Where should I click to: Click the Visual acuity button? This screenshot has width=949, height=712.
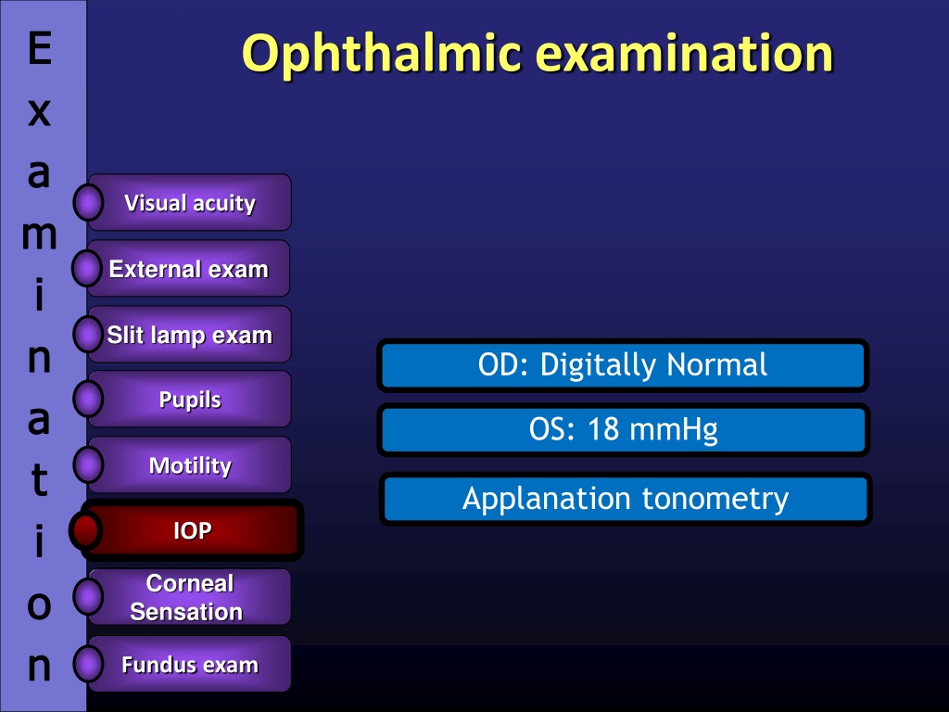click(x=190, y=202)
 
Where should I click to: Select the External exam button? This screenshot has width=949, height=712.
click(x=189, y=268)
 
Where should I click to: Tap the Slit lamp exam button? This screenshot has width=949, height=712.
click(x=190, y=334)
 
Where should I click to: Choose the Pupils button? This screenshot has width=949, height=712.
click(x=190, y=399)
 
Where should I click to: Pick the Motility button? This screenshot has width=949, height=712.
click(x=190, y=465)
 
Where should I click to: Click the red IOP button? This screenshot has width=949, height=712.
click(x=192, y=529)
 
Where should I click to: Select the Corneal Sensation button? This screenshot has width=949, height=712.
click(x=190, y=597)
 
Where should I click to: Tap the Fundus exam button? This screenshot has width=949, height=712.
click(x=190, y=664)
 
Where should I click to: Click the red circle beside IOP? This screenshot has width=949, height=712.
click(x=84, y=530)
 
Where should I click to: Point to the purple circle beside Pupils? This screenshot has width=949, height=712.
click(x=88, y=399)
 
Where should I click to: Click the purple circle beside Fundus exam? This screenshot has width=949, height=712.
click(x=88, y=664)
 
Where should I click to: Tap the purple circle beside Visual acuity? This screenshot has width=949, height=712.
click(x=88, y=202)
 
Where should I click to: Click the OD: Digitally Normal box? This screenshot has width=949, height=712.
click(x=623, y=365)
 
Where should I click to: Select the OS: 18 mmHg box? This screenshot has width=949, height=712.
click(x=624, y=430)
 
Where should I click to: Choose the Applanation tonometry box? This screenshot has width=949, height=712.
click(x=626, y=499)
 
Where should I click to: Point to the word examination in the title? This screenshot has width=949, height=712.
click(x=685, y=53)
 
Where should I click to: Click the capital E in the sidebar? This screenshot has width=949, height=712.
click(x=39, y=48)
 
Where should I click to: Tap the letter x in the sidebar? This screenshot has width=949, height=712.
click(x=39, y=112)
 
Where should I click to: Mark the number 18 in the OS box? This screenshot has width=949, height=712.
click(x=603, y=429)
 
